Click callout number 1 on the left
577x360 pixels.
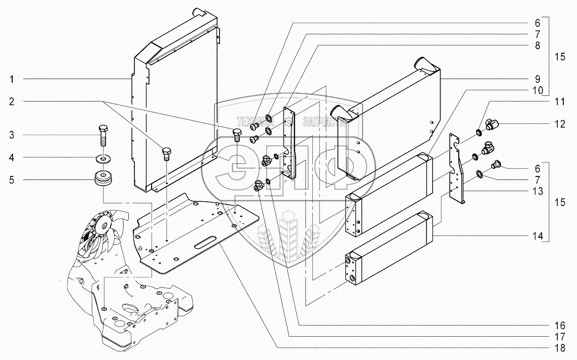pos(11,80)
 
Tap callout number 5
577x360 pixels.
pos(11,179)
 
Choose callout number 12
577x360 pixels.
pos(560,124)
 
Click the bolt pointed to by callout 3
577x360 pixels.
pos(102,135)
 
